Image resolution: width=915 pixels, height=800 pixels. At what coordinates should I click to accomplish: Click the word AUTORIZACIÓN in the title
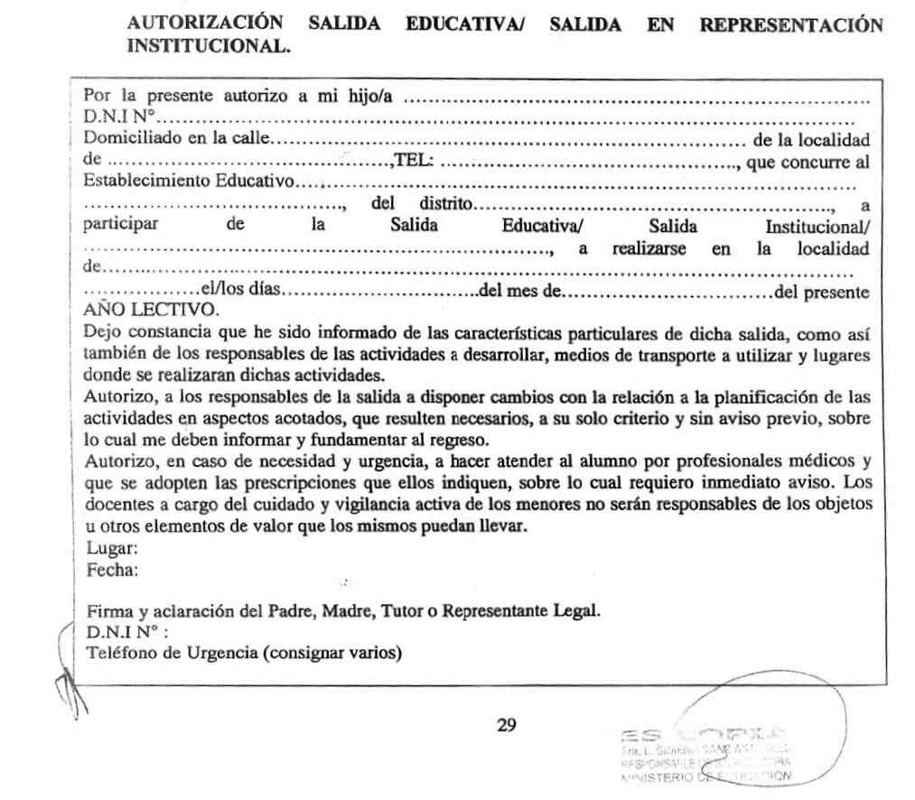click(205, 24)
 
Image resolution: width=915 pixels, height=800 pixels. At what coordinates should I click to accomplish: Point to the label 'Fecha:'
click(113, 570)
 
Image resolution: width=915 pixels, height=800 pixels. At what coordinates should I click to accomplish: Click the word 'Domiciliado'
click(126, 140)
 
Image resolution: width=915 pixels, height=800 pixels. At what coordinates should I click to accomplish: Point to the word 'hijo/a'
click(371, 97)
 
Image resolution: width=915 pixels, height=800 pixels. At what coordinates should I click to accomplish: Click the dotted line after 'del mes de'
click(669, 292)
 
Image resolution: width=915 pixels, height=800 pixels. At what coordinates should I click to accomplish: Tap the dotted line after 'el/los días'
click(379, 292)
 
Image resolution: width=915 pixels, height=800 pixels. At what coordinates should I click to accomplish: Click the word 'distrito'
click(443, 204)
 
